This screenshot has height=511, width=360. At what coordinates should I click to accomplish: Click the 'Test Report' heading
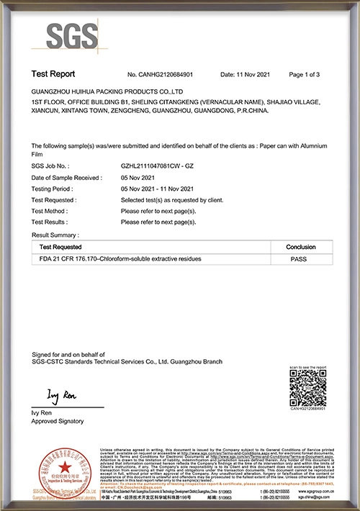(53, 74)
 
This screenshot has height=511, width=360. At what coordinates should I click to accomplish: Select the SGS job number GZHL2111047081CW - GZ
(157, 166)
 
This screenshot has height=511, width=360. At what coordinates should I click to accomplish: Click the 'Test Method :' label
(53, 212)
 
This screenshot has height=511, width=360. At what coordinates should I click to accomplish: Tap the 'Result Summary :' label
(55, 235)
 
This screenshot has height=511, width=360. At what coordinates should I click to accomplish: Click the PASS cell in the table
(300, 258)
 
